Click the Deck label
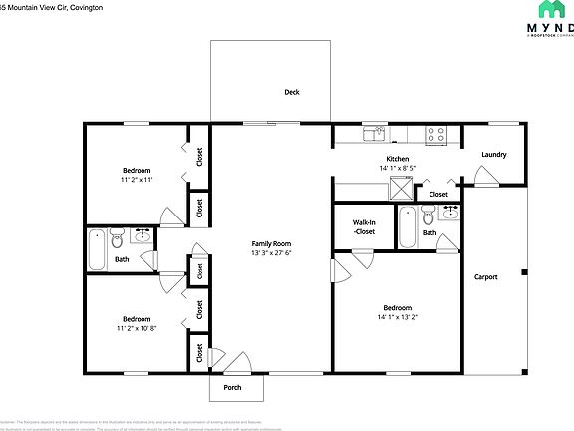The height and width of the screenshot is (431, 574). (x=292, y=92)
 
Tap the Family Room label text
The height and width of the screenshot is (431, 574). (x=271, y=243)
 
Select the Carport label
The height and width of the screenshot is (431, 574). (x=485, y=277)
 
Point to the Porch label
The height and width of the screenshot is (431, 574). (x=232, y=387)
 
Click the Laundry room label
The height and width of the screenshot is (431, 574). (x=493, y=155)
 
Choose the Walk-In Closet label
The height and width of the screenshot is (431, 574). (x=364, y=227)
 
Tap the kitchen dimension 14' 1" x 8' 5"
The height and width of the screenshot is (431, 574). (x=398, y=169)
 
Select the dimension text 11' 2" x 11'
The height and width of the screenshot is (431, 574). (x=136, y=180)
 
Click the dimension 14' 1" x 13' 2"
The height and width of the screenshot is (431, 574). (x=398, y=318)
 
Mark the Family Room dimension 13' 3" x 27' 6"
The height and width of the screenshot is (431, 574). (x=271, y=253)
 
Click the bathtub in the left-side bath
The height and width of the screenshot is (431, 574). (x=97, y=249)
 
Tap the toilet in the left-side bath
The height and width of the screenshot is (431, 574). (x=119, y=239)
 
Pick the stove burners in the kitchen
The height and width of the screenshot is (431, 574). (x=434, y=132)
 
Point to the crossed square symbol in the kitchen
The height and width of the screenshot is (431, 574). (x=403, y=186)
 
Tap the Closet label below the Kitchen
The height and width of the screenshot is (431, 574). (x=438, y=195)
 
